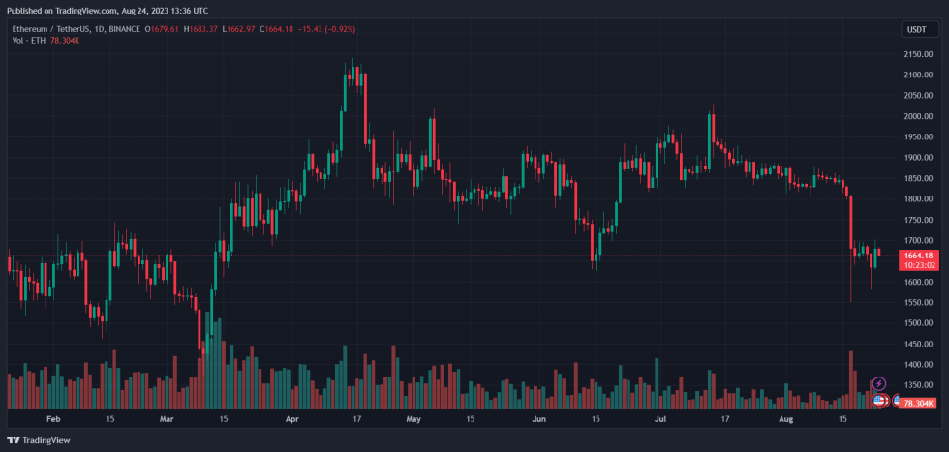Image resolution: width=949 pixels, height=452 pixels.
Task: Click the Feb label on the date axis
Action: [x=53, y=419]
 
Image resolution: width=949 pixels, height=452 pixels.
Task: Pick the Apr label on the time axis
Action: [x=293, y=419]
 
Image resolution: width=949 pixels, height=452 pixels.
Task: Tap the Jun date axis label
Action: [x=539, y=419]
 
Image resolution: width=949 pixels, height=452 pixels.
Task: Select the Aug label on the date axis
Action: [x=785, y=419]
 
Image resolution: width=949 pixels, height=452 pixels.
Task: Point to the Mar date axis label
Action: [x=167, y=419]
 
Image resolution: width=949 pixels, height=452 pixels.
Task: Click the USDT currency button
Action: [x=915, y=30]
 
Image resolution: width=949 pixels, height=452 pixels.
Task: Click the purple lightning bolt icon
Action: [x=878, y=384]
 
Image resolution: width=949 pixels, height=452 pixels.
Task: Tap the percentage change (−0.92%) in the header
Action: [x=335, y=29]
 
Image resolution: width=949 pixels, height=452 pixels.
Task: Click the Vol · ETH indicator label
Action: [x=28, y=41]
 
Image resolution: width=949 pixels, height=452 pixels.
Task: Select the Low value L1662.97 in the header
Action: [x=238, y=29]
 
